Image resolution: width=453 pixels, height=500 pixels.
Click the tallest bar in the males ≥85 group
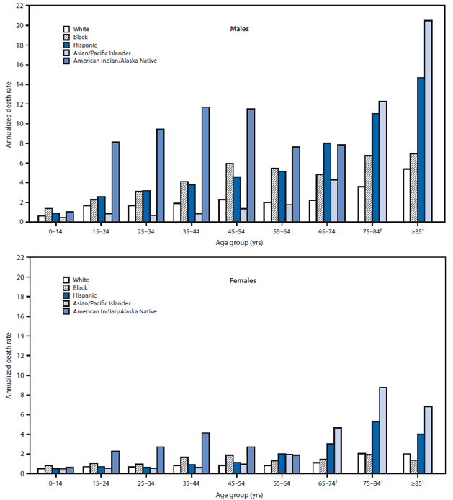[x=428, y=121]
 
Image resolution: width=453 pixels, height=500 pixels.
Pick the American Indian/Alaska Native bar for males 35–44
[x=205, y=164]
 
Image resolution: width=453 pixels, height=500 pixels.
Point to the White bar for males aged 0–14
[x=42, y=218]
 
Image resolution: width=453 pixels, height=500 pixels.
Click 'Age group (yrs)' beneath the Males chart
[x=235, y=243]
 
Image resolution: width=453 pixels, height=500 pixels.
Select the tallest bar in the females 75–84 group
[x=403, y=430]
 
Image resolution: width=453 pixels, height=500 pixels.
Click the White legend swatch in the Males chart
[x=66, y=29]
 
